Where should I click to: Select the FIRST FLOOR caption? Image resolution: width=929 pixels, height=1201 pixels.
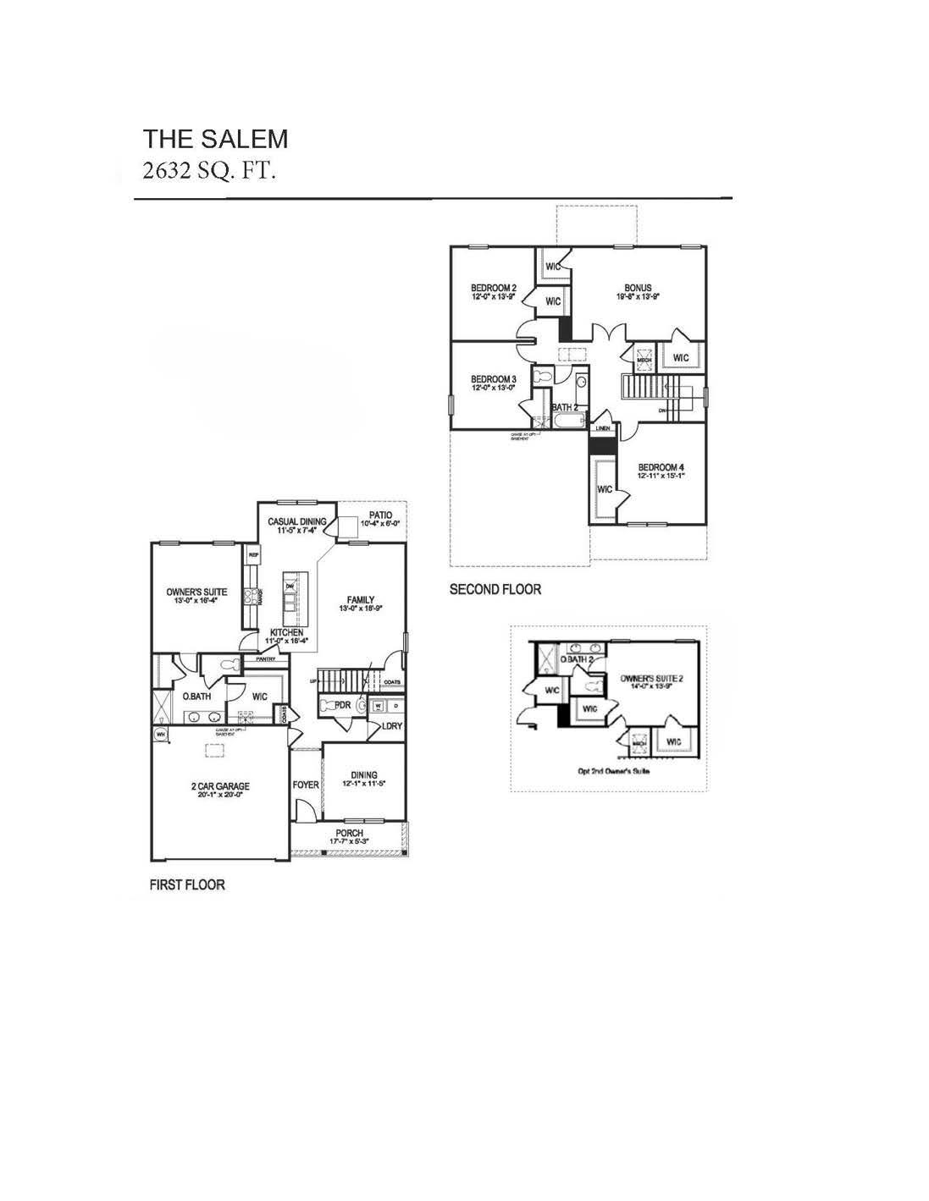tap(187, 885)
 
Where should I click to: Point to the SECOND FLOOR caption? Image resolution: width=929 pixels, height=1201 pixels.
tap(495, 589)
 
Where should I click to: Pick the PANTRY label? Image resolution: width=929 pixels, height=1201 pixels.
tap(256, 658)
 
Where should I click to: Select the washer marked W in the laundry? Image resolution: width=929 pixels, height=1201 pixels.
tap(378, 704)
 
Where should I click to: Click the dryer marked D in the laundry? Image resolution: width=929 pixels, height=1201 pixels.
tap(394, 704)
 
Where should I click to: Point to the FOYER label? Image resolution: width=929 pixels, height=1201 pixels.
tap(306, 785)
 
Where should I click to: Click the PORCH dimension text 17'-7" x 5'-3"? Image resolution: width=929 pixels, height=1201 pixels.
tap(349, 841)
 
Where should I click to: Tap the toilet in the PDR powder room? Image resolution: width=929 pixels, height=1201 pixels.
tap(362, 704)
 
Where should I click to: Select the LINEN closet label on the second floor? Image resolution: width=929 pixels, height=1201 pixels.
tap(602, 428)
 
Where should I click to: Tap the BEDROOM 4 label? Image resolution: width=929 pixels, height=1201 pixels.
tap(661, 467)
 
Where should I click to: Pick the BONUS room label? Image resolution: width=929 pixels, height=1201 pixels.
tap(638, 288)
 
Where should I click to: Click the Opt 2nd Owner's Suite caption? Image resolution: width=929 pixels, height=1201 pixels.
tap(608, 771)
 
